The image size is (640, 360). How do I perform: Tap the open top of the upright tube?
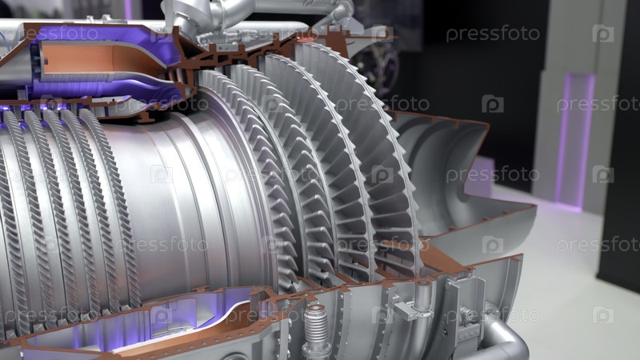point(423,283)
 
